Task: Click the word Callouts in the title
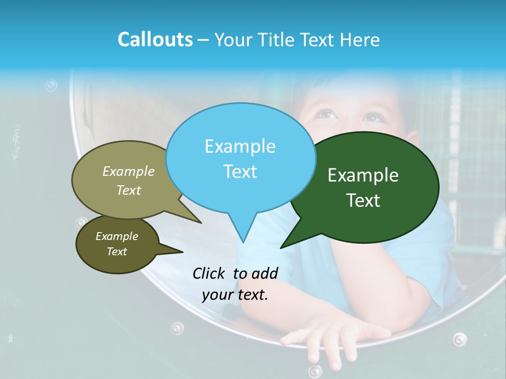pos(155,39)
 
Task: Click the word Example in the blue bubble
pos(240,146)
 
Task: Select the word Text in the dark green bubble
pos(363,201)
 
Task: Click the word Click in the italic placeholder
pos(209,273)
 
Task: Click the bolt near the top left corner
pos(51,85)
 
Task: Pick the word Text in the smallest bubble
pos(117,252)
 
